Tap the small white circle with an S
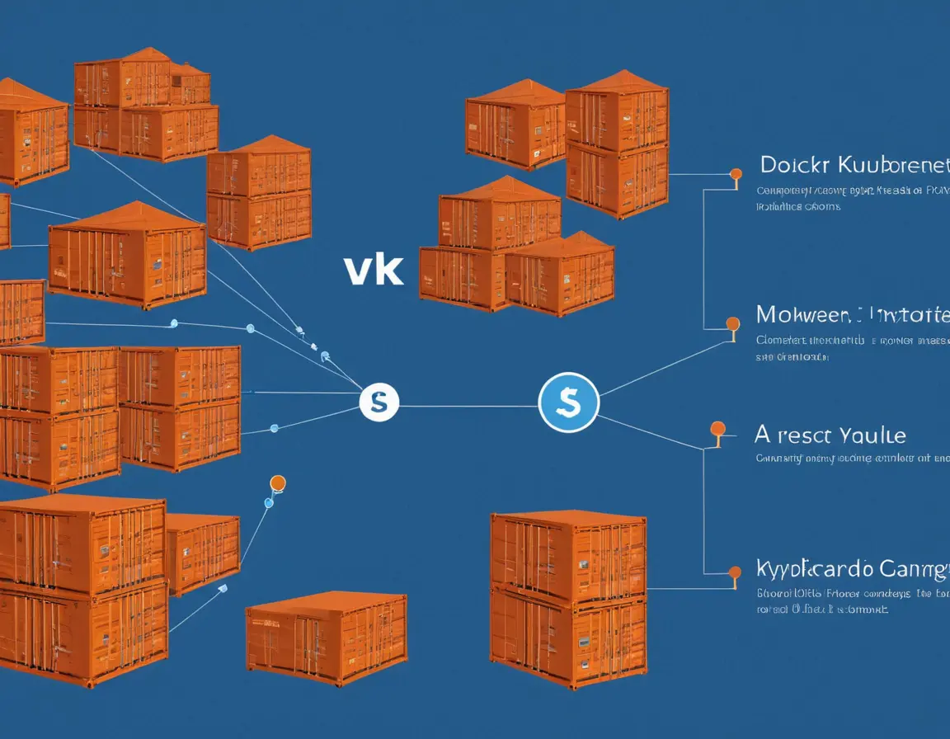click(379, 402)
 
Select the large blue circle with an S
click(568, 402)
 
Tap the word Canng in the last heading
click(914, 568)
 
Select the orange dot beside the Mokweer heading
click(731, 323)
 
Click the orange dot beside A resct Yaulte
click(717, 428)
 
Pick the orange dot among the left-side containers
click(277, 482)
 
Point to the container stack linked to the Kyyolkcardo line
click(568, 598)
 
